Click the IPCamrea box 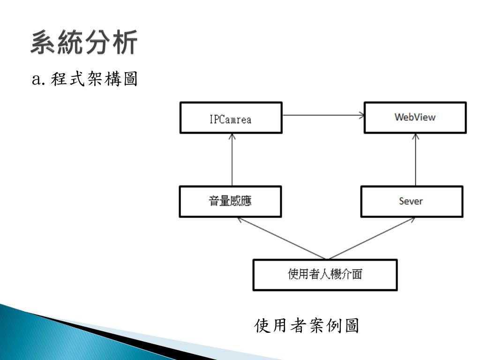231,118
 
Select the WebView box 415,117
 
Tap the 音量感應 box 231,202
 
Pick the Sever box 411,202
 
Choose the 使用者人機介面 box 325,275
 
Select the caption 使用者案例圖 307,326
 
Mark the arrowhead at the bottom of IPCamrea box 232,136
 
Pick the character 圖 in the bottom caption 352,326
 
